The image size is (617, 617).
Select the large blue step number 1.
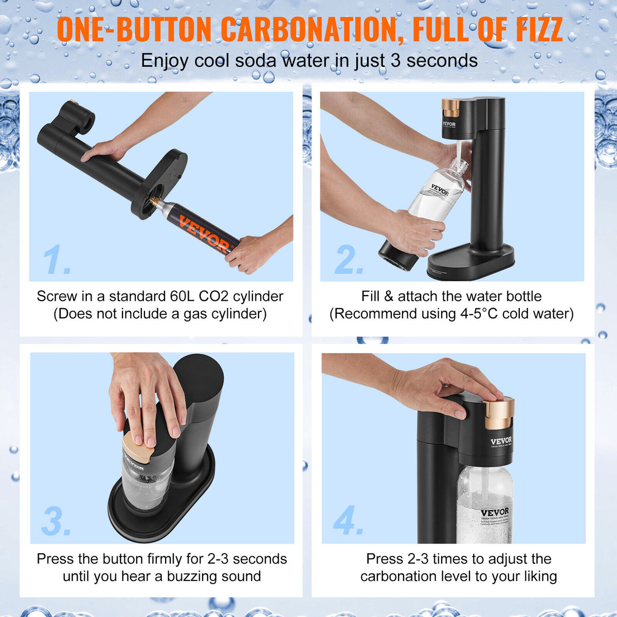tap(56, 260)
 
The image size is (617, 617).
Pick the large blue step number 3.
tap(56, 521)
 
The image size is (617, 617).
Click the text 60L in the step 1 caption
tap(183, 297)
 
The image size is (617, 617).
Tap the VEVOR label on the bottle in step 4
tap(495, 513)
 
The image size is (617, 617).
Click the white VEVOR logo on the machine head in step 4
tap(500, 441)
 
